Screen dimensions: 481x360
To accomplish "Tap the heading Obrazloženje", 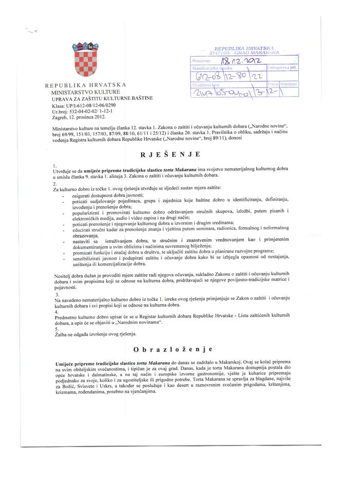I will tap(173, 350).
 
